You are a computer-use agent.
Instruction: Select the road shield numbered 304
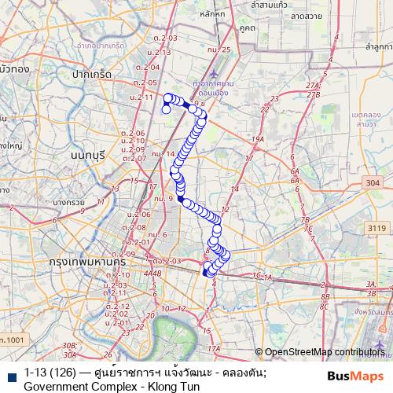coord(372,183)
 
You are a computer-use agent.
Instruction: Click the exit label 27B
coord(315,95)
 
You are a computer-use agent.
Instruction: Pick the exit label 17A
coord(213,347)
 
